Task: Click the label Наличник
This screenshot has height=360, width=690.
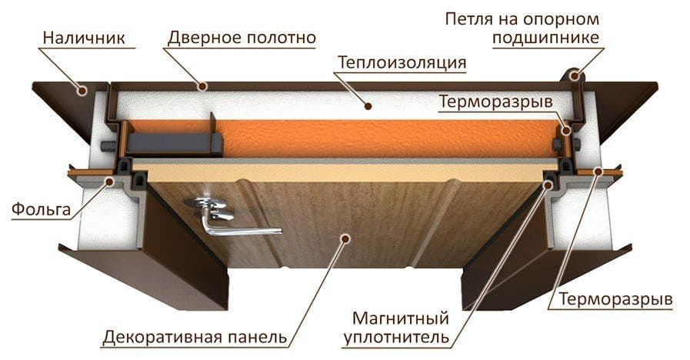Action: click(x=84, y=38)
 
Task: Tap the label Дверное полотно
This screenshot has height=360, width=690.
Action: click(x=242, y=38)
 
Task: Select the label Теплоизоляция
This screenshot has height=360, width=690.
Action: click(x=402, y=62)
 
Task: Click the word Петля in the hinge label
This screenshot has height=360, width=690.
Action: click(x=469, y=19)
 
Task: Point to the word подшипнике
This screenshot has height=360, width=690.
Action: click(x=545, y=38)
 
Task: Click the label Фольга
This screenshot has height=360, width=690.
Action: click(x=41, y=208)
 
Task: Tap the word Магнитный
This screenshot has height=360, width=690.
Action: click(x=401, y=318)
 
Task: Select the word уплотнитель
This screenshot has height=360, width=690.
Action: click(x=396, y=338)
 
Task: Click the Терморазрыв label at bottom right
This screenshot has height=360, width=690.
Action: click(x=615, y=300)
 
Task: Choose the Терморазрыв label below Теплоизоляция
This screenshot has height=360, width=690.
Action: click(x=495, y=102)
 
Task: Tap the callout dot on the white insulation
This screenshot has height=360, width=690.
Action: click(x=368, y=105)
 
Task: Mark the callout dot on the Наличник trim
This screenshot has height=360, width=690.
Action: click(x=82, y=91)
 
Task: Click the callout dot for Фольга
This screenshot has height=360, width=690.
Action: click(x=109, y=181)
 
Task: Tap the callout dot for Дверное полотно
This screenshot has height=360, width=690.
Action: click(x=202, y=86)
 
